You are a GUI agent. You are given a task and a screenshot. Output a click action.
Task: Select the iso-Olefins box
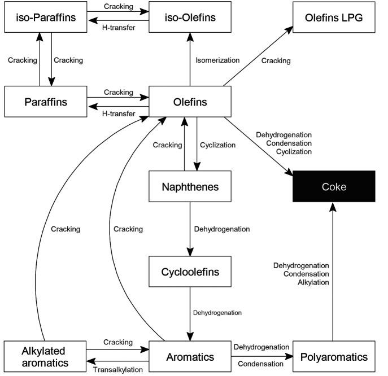pyautogui.click(x=190, y=16)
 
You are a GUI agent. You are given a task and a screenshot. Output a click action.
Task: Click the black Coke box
pyautogui.click(x=334, y=186)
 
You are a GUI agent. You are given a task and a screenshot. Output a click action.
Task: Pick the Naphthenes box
pyautogui.click(x=190, y=186)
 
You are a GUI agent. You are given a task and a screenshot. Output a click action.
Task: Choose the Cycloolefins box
pyautogui.click(x=190, y=272)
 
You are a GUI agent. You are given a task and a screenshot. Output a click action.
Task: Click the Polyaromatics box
pyautogui.click(x=334, y=357)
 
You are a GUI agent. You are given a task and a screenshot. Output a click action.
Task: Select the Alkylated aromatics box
pyautogui.click(x=45, y=357)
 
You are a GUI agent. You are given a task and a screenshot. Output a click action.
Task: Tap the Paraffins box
pyautogui.click(x=45, y=102)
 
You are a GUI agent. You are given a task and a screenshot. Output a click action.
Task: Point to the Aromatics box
pyautogui.click(x=190, y=357)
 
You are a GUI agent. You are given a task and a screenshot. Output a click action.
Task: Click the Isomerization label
pyautogui.click(x=218, y=59)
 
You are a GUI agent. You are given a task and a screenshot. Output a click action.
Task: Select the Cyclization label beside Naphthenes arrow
pyautogui.click(x=218, y=145)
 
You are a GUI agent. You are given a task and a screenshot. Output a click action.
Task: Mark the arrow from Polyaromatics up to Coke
pyautogui.click(x=334, y=271)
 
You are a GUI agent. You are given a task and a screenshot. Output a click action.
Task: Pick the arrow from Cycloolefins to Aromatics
pyautogui.click(x=190, y=314)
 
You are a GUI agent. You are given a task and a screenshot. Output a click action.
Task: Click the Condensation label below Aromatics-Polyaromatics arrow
pyautogui.click(x=260, y=364)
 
